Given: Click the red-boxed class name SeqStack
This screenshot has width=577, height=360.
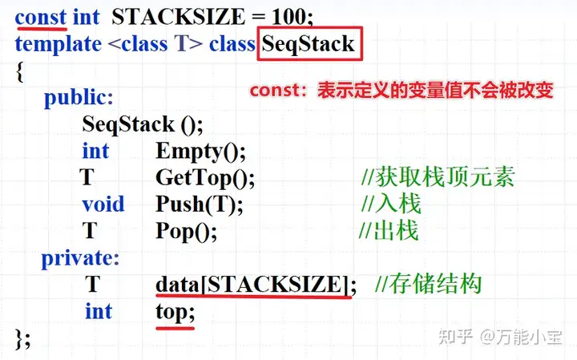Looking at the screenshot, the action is [x=309, y=43].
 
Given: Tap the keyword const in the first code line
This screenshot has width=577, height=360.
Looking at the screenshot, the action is [x=41, y=16].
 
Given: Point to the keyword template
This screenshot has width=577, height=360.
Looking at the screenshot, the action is [x=59, y=43].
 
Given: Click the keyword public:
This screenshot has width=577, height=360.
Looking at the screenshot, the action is [x=79, y=98].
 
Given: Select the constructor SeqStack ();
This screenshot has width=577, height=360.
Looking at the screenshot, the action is [x=143, y=124].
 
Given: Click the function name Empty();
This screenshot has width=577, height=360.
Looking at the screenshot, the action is [x=200, y=151].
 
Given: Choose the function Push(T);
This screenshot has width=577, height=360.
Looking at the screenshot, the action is [x=199, y=204].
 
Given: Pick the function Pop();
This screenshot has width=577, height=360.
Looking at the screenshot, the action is [x=186, y=231].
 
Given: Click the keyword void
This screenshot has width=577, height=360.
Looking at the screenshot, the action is [x=103, y=204].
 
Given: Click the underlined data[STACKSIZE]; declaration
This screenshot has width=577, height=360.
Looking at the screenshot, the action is [x=255, y=285].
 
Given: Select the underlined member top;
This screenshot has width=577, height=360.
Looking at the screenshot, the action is [x=175, y=311].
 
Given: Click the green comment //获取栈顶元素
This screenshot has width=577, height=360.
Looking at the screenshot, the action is [x=437, y=177].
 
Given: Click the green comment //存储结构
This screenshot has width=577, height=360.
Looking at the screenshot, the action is [x=428, y=285].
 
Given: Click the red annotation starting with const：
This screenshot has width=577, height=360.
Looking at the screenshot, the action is [x=401, y=91].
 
